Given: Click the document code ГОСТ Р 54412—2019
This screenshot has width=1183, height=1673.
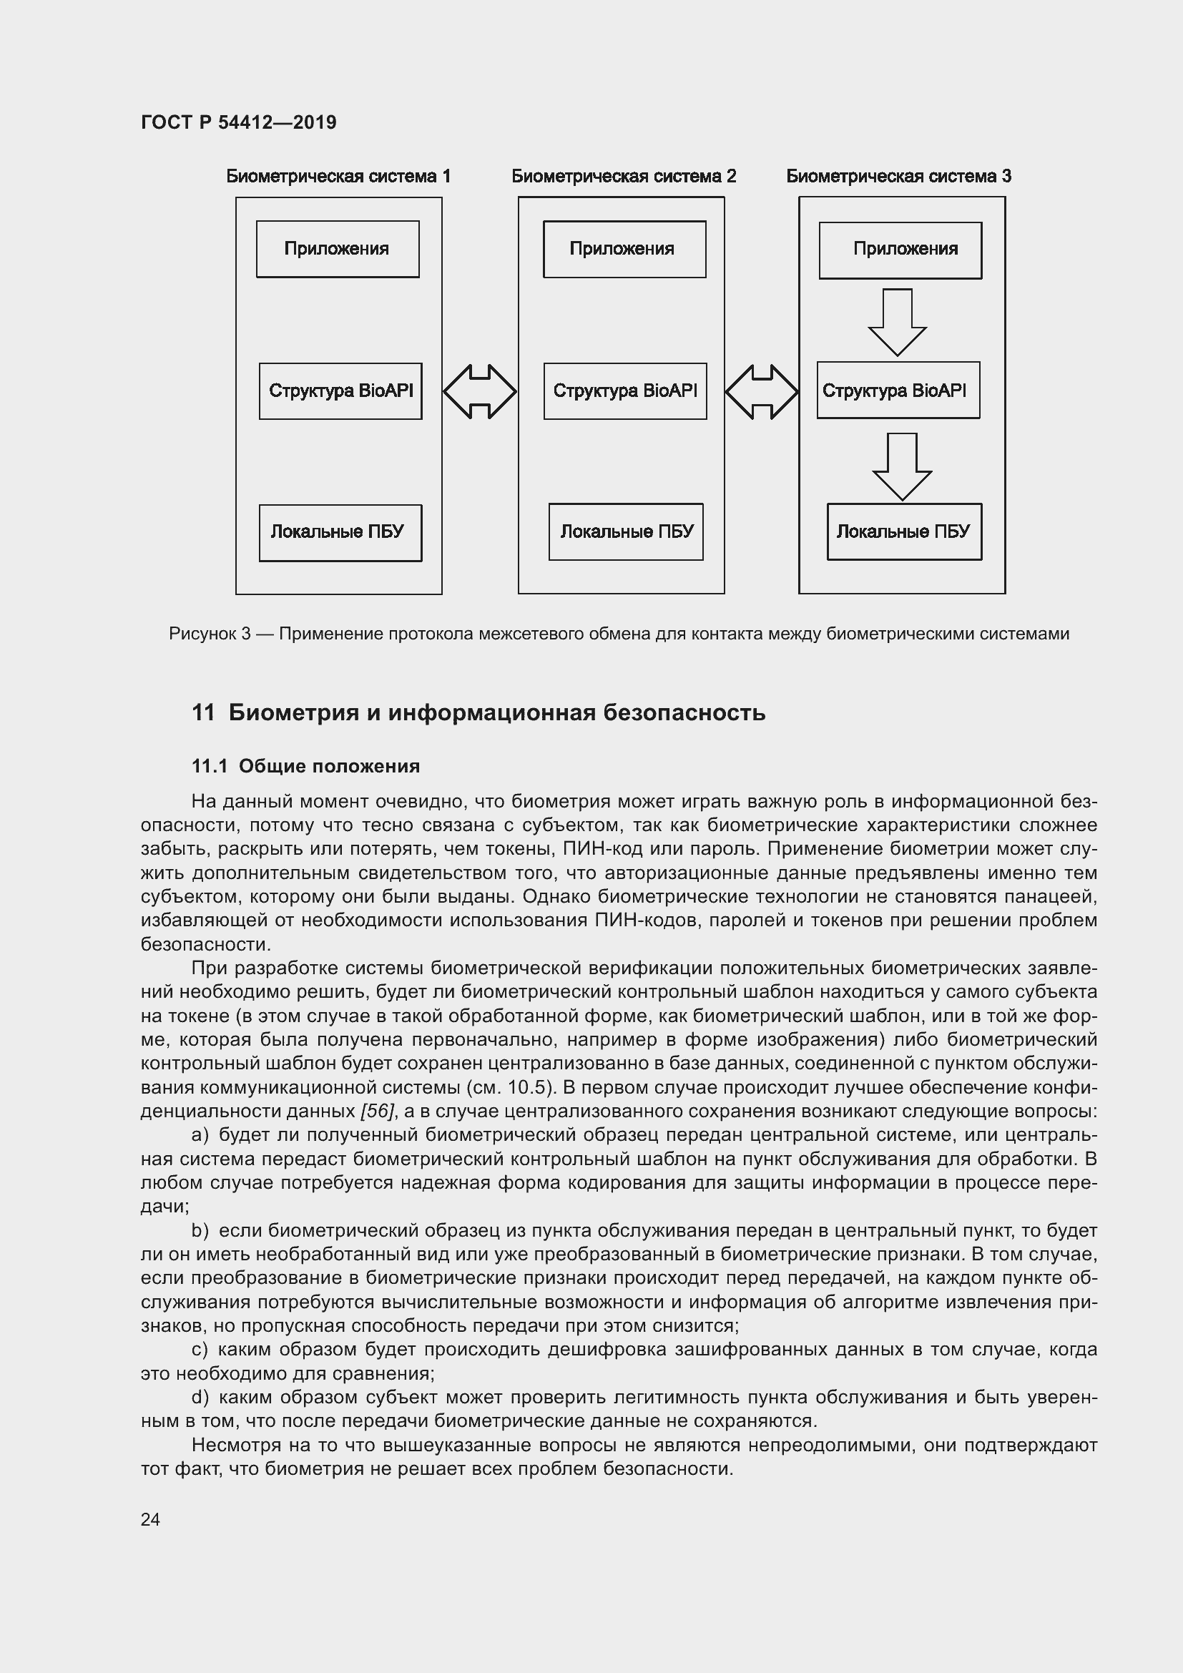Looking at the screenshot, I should click(238, 122).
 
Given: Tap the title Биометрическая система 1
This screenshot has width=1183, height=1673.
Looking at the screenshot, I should click(338, 177).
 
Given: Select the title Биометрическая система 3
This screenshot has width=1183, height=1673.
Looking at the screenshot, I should click(898, 177).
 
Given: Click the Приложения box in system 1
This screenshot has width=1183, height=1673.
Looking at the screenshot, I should click(338, 249).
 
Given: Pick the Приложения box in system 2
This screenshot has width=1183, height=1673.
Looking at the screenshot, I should click(624, 249).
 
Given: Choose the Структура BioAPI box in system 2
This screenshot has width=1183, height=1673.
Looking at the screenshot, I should click(624, 391).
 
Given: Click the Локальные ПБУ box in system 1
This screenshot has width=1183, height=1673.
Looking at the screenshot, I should click(340, 533).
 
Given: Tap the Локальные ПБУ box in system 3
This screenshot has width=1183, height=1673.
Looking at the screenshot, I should click(903, 532).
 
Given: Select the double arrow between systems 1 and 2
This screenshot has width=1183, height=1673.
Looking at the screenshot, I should click(479, 392).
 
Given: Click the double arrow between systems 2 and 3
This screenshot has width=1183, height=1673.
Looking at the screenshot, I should click(761, 392).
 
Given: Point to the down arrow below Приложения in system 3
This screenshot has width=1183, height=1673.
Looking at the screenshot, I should click(897, 321).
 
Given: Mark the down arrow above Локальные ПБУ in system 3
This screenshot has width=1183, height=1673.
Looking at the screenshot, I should click(902, 466).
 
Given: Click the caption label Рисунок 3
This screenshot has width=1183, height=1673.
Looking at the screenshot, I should click(209, 634).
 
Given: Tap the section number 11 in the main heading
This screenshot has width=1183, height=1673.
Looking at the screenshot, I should click(202, 712).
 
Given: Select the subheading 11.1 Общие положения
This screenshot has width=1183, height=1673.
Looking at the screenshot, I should click(305, 767).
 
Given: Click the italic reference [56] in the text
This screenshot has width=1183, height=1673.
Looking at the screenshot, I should click(378, 1112).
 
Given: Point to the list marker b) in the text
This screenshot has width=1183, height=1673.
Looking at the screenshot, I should click(200, 1232).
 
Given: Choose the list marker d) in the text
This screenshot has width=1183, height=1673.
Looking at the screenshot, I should click(200, 1398).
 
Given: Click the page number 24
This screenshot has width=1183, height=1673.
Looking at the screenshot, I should click(150, 1519).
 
